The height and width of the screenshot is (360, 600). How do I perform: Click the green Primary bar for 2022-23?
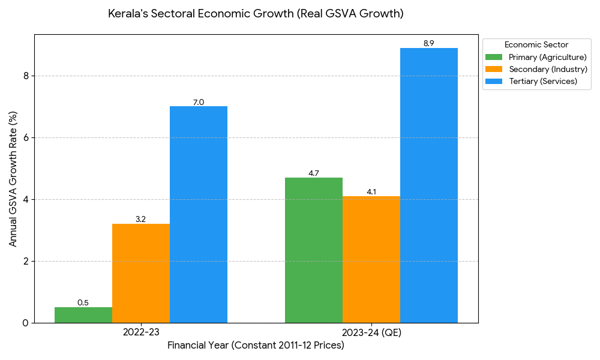point(83,315)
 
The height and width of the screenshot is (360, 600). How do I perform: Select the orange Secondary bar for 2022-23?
point(141,273)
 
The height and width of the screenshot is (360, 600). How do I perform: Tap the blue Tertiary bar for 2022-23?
point(199,214)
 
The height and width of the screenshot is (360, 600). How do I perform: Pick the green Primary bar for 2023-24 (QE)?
point(314,250)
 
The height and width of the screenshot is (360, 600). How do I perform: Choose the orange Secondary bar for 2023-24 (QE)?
point(371,259)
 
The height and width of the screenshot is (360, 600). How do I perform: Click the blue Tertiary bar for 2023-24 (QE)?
point(429,185)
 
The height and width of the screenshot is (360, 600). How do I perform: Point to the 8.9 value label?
point(428,43)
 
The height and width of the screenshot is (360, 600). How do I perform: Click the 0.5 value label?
point(83,302)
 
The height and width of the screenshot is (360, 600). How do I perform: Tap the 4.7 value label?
point(314,173)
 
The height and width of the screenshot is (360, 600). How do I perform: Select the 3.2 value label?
point(140,220)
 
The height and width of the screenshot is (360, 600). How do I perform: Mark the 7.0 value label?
point(199,102)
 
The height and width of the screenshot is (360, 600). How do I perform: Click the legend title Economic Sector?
point(536,45)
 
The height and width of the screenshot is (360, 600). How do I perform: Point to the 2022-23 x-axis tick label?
point(141,332)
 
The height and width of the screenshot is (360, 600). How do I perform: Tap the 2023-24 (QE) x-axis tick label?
point(371,332)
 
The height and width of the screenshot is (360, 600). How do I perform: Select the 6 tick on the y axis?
point(25,137)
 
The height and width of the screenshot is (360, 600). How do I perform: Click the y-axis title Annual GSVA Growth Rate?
point(13,179)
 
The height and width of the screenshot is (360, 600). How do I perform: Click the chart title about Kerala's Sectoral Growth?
point(256,13)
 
